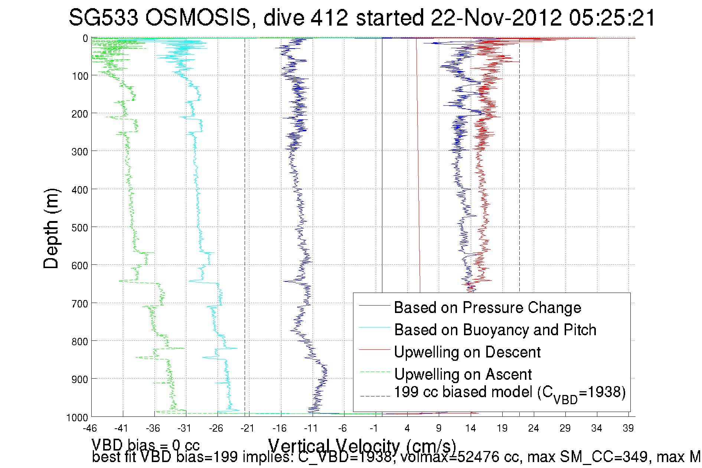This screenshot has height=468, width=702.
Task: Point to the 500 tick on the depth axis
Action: click(x=80, y=228)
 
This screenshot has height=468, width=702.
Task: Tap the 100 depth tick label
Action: click(x=80, y=76)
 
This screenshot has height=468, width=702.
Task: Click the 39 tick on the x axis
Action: click(x=628, y=428)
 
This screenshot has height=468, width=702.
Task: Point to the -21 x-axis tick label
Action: click(x=247, y=428)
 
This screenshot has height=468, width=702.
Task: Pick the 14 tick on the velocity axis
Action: click(x=470, y=428)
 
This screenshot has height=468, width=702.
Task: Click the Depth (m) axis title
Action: click(x=51, y=228)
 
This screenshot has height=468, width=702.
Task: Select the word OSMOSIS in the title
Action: click(x=198, y=17)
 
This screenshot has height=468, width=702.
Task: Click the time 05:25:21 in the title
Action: click(x=612, y=17)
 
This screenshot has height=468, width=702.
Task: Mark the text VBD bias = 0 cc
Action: click(x=146, y=445)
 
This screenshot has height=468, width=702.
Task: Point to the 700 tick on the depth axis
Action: click(x=80, y=304)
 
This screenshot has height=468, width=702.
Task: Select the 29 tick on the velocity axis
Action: click(x=565, y=428)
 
